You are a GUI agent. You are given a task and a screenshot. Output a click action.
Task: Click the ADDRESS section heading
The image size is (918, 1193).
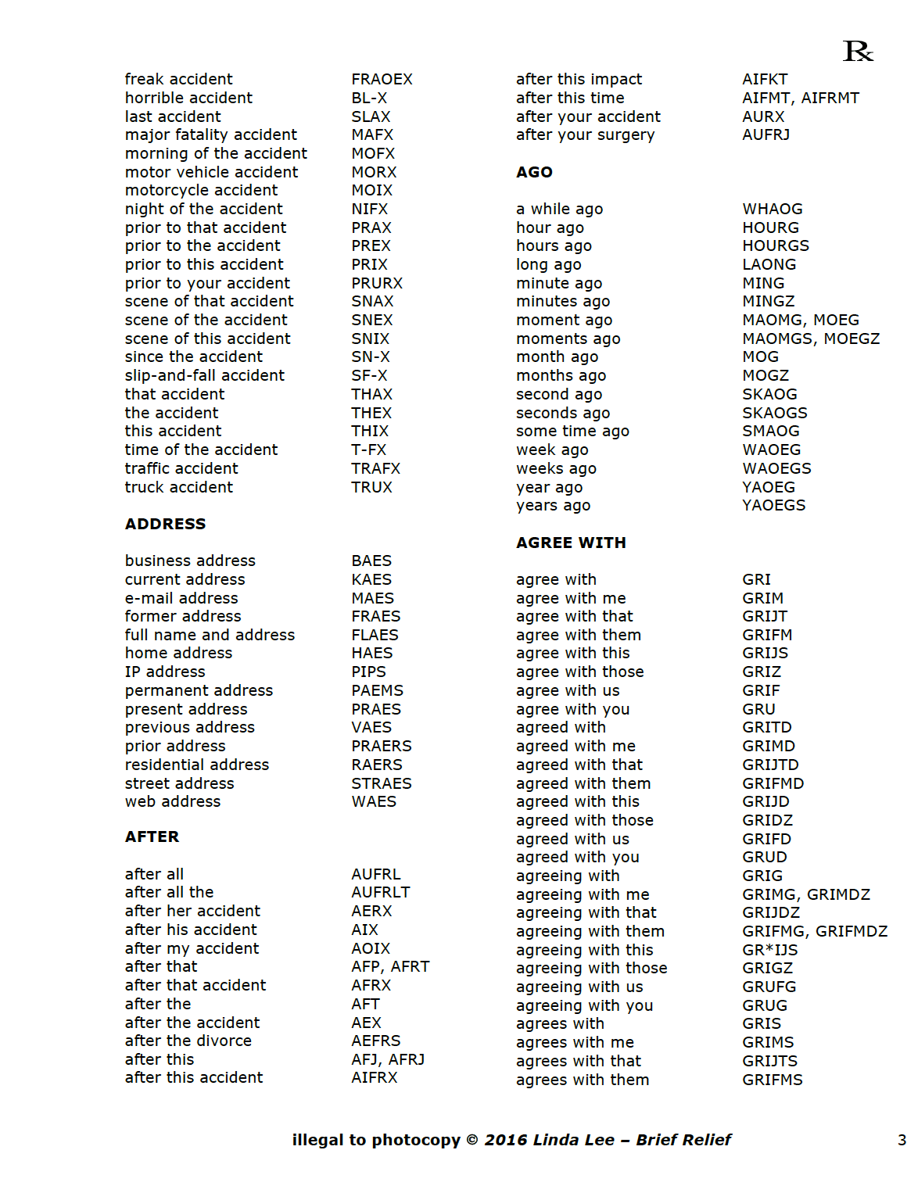(165, 524)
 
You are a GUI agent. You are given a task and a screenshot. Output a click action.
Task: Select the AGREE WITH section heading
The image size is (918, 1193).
(571, 543)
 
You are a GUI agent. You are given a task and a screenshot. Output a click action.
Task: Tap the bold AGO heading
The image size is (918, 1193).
(534, 172)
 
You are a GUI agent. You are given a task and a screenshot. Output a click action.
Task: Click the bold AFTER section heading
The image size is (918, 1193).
(152, 837)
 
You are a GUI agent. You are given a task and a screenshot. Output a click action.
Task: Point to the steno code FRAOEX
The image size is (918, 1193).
(382, 79)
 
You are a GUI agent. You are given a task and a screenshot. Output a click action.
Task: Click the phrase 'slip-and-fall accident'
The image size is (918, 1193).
(205, 375)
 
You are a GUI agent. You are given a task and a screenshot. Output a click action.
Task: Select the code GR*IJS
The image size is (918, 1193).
(770, 950)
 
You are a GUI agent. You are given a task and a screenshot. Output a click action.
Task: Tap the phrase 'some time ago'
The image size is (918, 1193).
(572, 431)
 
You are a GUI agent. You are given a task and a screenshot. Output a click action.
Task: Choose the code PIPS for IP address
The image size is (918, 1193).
(368, 672)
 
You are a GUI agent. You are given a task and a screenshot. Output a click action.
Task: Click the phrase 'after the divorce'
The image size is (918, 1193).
(188, 1041)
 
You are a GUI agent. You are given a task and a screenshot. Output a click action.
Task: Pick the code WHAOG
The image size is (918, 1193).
(773, 209)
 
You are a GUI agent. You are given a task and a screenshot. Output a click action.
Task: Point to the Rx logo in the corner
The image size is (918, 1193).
(858, 52)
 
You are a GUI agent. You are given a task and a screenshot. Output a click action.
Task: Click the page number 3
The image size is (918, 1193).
(902, 1140)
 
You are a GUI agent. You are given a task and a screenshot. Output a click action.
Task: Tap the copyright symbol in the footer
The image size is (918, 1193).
(472, 1140)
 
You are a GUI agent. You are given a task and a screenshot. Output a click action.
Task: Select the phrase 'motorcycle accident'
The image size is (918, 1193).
(202, 190)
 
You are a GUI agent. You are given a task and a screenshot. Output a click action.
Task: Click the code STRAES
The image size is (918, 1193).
(382, 783)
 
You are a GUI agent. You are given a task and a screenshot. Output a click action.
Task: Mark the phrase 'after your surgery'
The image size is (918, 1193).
(585, 134)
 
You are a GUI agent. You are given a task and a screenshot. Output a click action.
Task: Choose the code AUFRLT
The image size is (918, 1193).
(381, 892)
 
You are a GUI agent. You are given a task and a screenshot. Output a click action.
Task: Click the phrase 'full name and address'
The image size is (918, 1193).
(210, 635)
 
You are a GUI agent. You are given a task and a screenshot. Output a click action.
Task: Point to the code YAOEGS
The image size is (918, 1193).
(773, 505)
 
